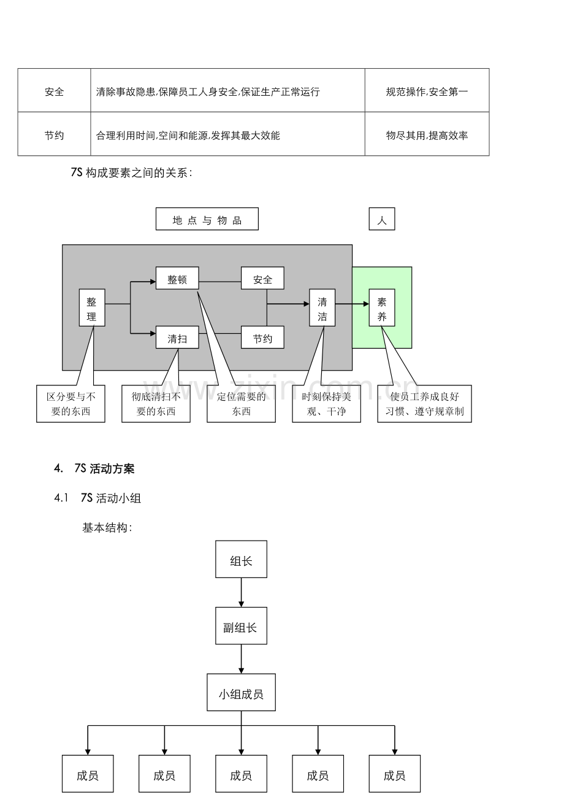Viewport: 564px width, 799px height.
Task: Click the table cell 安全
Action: point(54,91)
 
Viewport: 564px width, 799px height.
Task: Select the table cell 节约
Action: point(54,135)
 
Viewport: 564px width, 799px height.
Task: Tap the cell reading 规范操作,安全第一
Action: point(427,91)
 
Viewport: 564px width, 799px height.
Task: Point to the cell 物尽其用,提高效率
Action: point(427,135)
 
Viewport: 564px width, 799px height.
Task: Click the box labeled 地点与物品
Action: point(207,219)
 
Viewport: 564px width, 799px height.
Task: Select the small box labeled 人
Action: point(381,219)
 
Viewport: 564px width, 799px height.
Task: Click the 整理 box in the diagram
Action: point(92,309)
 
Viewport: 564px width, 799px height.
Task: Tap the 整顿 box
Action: point(177,280)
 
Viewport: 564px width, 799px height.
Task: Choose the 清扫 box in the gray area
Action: point(177,338)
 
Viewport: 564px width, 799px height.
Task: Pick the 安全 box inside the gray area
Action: point(262,280)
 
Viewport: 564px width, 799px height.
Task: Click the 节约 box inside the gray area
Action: point(262,338)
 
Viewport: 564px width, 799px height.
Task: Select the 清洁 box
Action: point(322,309)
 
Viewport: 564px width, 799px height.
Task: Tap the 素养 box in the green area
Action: point(381,309)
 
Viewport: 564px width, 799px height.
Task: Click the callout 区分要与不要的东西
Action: point(70,404)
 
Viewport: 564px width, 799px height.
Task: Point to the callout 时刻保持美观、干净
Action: point(326,404)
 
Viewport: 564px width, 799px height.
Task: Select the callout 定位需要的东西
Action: point(241,404)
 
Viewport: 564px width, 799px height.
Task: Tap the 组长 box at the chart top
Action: point(241,560)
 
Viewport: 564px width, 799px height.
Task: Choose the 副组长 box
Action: point(241,627)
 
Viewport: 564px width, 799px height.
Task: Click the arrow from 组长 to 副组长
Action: point(241,593)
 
